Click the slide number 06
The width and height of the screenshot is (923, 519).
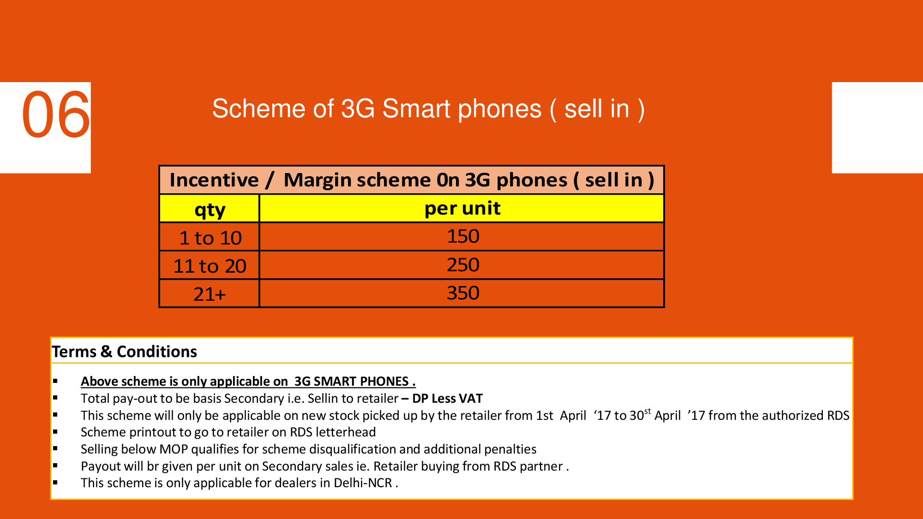(x=56, y=114)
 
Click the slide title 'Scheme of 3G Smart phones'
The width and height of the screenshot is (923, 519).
(x=377, y=109)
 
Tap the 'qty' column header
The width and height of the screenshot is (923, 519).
(x=210, y=210)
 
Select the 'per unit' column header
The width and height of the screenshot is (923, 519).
(x=462, y=209)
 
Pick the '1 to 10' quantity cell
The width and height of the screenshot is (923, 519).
(x=210, y=238)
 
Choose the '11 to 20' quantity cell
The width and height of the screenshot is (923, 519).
(x=210, y=266)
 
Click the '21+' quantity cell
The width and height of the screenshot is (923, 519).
(x=210, y=294)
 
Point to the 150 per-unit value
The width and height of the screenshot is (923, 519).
(x=463, y=237)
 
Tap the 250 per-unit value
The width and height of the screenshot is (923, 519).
(x=463, y=265)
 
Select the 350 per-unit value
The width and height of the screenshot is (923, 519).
(x=463, y=293)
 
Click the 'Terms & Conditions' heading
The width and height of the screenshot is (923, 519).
(x=125, y=352)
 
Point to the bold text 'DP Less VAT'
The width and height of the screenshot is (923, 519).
(x=447, y=399)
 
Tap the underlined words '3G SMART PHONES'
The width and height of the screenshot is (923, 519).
(x=352, y=382)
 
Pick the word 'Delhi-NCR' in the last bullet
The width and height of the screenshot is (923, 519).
(x=363, y=483)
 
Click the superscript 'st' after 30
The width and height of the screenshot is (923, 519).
(x=647, y=411)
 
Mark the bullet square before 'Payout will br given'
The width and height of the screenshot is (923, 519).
(x=55, y=466)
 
